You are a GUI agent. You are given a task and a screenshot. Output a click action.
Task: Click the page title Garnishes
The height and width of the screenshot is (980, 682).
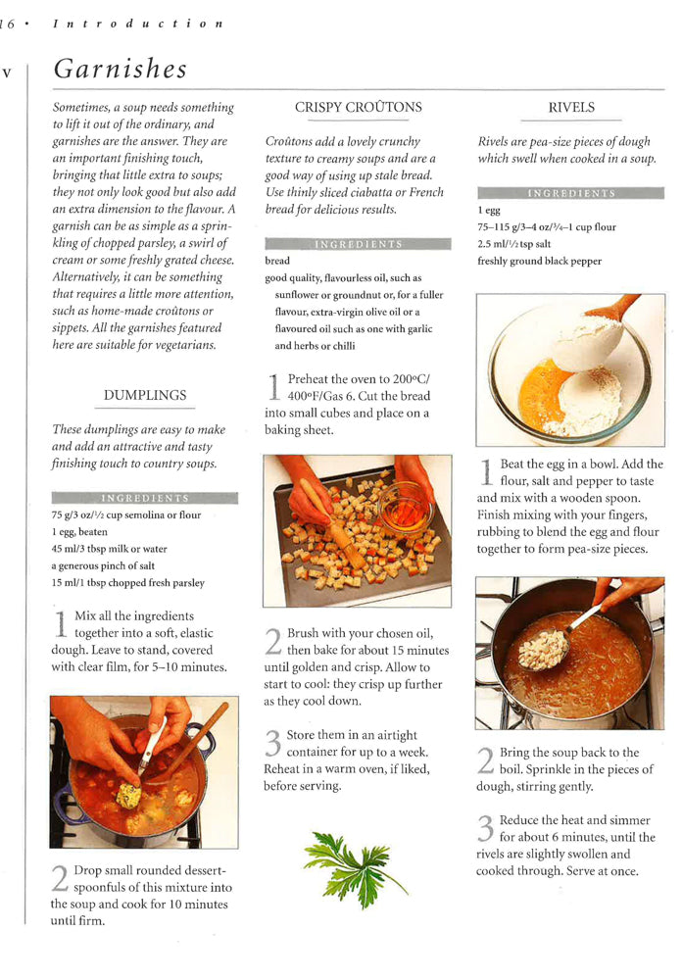(120, 70)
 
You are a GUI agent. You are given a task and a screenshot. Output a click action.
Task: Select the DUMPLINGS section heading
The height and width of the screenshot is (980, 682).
(144, 396)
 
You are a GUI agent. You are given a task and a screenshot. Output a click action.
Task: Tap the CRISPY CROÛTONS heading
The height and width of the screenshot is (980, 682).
(358, 108)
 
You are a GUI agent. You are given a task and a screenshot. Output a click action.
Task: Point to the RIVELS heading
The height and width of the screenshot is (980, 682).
(571, 108)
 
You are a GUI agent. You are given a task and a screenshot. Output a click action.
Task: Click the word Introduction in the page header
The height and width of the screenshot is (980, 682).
(138, 23)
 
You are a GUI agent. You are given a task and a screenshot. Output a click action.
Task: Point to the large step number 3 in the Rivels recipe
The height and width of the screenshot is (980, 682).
(485, 828)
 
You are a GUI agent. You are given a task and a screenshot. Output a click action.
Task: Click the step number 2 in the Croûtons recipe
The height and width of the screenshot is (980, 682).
(273, 641)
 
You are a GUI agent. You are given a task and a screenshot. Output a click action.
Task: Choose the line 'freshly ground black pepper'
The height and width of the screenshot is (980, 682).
(539, 262)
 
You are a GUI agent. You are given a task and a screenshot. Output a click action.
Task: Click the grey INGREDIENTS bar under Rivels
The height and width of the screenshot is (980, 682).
(570, 193)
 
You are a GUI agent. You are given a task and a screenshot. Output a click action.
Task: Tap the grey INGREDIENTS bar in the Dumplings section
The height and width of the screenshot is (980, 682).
(144, 498)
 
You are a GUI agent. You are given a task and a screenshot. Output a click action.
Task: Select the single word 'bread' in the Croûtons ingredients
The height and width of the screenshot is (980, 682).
(277, 262)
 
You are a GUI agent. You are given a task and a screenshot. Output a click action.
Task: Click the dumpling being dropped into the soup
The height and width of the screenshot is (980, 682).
(128, 795)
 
